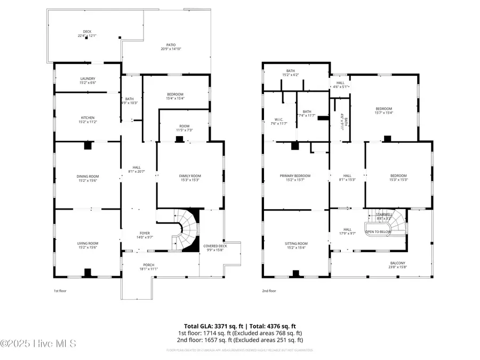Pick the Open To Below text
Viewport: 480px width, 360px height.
click(x=378, y=232)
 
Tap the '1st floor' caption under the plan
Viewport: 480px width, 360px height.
click(x=60, y=291)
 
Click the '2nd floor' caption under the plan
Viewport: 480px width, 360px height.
click(x=269, y=291)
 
